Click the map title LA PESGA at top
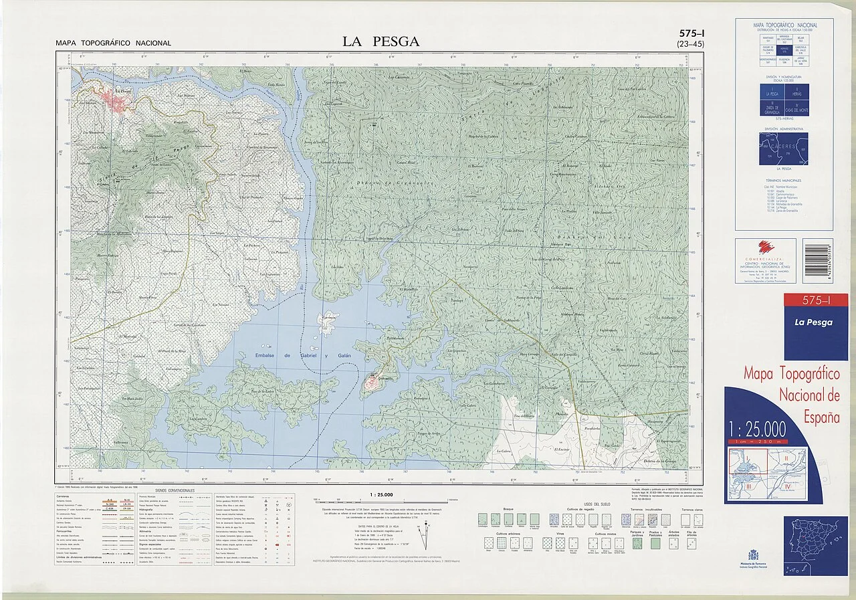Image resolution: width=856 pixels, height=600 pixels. tap(381, 41)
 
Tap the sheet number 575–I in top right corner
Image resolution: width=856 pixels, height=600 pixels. tap(690, 33)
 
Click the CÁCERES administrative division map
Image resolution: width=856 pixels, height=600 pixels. tap(783, 148)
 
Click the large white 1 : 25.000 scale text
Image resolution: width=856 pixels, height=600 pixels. tap(757, 429)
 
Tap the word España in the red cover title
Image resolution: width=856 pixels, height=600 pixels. tap(821, 417)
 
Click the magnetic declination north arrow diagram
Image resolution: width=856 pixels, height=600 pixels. tap(423, 536)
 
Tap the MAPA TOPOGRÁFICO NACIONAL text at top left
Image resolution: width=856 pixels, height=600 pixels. tap(113, 43)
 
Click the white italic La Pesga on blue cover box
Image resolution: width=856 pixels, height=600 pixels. tap(813, 322)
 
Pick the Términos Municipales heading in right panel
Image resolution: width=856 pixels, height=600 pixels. tap(783, 181)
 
